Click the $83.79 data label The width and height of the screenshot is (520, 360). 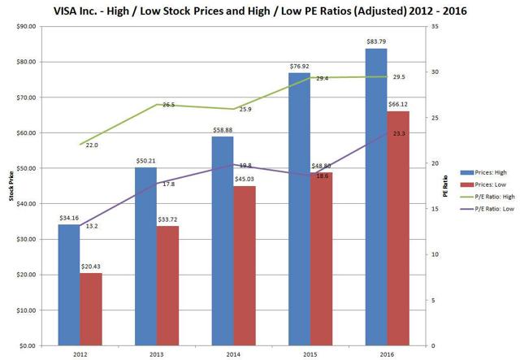(x=376, y=42)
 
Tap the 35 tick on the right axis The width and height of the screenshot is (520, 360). (x=432, y=26)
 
